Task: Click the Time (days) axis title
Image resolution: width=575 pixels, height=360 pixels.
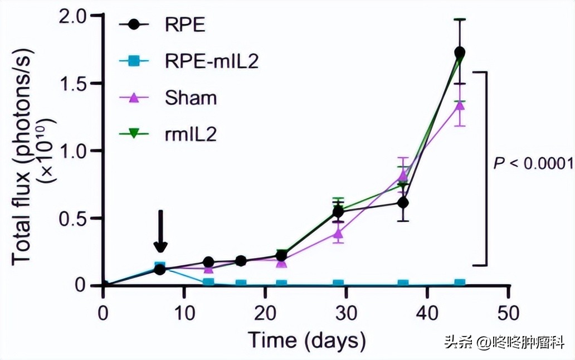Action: [306, 339]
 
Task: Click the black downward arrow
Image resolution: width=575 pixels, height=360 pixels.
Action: [160, 231]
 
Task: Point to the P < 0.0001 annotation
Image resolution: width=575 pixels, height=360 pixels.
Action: [533, 163]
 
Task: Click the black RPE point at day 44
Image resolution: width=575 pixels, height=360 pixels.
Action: [460, 52]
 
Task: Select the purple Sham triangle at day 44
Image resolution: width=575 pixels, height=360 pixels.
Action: [460, 104]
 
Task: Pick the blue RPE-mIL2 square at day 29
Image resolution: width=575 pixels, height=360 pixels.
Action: [338, 284]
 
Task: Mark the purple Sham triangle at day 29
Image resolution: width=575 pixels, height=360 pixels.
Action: [338, 233]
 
